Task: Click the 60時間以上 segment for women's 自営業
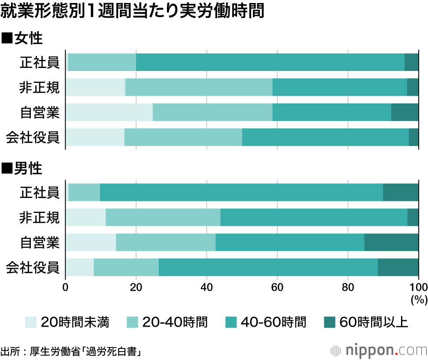click(x=404, y=112)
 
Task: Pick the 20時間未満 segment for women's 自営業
click(x=109, y=112)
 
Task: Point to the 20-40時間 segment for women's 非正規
click(x=199, y=88)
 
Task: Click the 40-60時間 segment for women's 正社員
click(x=270, y=62)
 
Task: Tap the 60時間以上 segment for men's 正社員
click(x=401, y=192)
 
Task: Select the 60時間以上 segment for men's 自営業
click(x=391, y=242)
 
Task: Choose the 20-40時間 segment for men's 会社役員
click(x=126, y=267)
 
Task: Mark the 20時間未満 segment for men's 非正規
click(x=86, y=217)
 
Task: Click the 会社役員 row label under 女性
click(x=33, y=138)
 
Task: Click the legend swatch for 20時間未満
click(x=31, y=322)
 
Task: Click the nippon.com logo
click(x=379, y=351)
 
